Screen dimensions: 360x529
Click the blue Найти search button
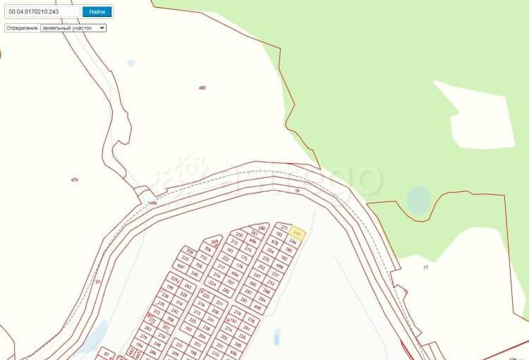[x=97, y=11]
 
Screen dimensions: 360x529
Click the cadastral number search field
[x=42, y=11]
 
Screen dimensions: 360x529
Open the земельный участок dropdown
[x=73, y=28]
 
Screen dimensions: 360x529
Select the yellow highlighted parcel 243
[x=298, y=233]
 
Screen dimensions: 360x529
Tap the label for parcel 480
[x=202, y=88]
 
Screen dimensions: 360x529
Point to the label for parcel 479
[x=74, y=180]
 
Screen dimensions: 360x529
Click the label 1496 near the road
[x=152, y=203]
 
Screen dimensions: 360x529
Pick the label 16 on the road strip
[x=298, y=191]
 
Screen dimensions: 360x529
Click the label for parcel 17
[x=425, y=267]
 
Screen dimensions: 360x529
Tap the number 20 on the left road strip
[x=97, y=281]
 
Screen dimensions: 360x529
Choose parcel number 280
[x=262, y=228]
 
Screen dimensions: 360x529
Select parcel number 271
[x=285, y=227]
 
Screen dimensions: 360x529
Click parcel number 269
[x=214, y=241]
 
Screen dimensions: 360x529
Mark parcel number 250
[x=240, y=234]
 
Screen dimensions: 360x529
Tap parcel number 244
[x=292, y=241]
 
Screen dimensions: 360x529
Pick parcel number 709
[x=189, y=251]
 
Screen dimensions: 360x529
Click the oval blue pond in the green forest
[x=419, y=200]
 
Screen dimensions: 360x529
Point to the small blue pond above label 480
[x=131, y=63]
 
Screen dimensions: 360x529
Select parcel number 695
[x=257, y=308]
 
